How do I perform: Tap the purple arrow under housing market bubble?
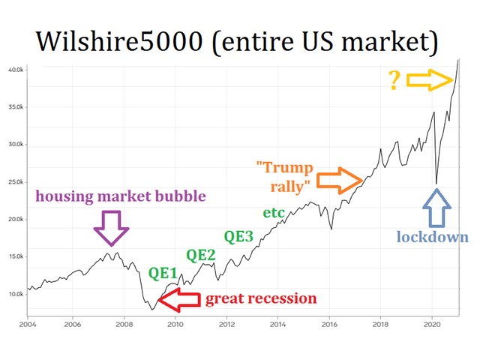112,227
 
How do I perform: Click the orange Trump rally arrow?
340,180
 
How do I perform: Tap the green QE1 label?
163,273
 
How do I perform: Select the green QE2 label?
201,255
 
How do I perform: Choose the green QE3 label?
238,236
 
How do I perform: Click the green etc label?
274,212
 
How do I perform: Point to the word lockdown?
432,238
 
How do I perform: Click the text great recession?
261,298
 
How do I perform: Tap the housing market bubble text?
121,196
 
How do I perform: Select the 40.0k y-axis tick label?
15,70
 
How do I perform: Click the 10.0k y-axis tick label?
15,293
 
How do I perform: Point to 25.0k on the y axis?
15,181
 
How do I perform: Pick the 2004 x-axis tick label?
27,325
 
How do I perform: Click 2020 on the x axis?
432,325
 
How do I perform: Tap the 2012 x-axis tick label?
226,325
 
